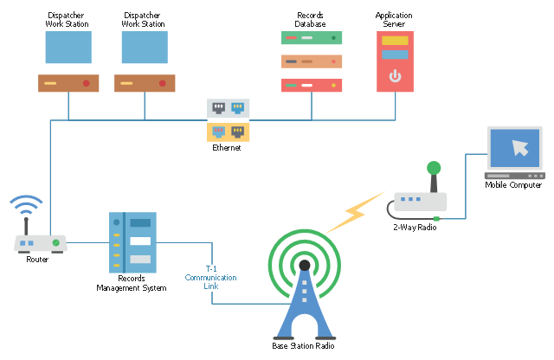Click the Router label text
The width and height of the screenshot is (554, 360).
(37, 259)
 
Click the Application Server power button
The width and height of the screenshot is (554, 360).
(395, 76)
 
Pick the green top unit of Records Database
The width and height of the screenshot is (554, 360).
(312, 37)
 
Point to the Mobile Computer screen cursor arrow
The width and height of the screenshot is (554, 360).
(519, 147)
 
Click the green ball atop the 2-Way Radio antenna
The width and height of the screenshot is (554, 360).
(434, 167)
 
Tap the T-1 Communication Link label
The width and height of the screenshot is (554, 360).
(210, 277)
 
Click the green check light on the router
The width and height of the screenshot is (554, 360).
(55, 243)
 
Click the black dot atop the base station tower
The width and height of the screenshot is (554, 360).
(304, 265)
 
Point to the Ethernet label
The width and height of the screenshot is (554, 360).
(227, 148)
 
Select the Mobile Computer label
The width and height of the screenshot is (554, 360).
(513, 184)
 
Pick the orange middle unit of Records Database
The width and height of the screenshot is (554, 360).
(312, 61)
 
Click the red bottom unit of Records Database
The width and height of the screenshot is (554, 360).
(312, 85)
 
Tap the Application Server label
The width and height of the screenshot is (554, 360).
(394, 20)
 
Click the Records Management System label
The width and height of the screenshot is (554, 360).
(131, 283)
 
